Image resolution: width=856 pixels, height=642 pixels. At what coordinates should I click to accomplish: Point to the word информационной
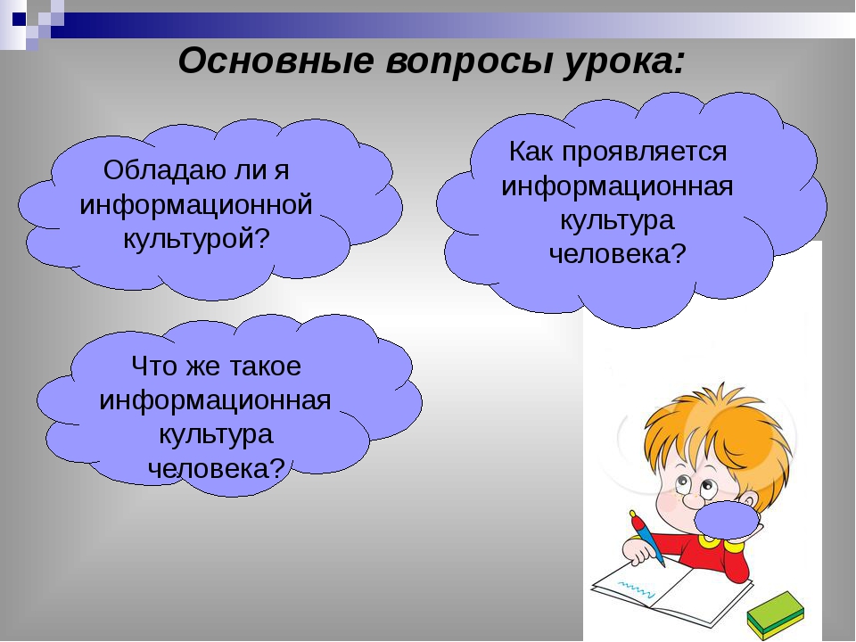(196, 204)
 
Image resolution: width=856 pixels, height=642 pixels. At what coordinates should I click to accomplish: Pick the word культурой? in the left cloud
(196, 239)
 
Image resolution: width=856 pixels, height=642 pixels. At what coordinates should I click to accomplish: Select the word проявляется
(647, 152)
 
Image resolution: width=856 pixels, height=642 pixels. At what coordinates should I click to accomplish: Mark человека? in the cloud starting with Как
(617, 254)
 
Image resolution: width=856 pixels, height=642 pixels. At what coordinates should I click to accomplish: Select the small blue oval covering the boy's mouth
(727, 521)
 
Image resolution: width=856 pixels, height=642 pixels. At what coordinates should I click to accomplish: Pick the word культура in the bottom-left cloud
(216, 434)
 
